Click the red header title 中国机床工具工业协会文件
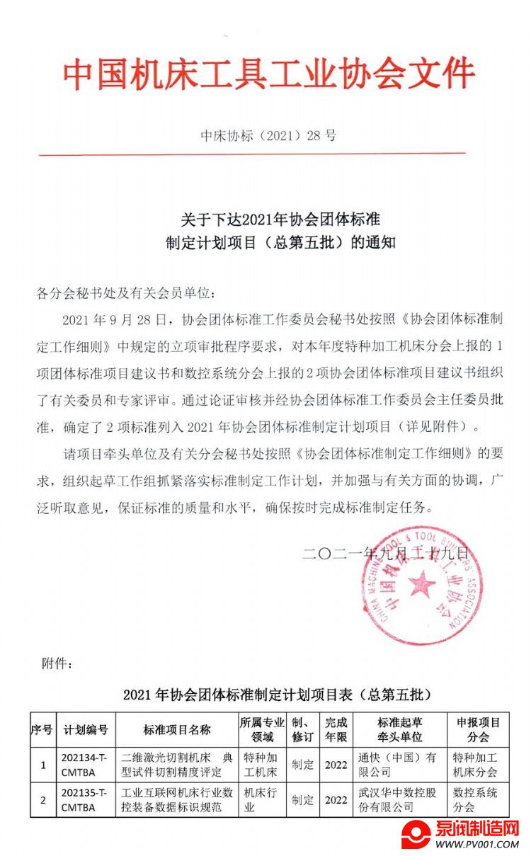(x=269, y=74)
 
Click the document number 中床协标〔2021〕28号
(x=268, y=135)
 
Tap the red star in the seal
(x=422, y=585)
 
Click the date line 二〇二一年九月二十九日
(x=386, y=554)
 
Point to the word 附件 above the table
(x=57, y=663)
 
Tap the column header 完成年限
(x=336, y=729)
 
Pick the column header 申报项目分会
(x=478, y=729)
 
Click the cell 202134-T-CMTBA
(x=86, y=764)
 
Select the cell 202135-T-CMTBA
(x=86, y=799)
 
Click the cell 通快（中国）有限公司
(x=399, y=764)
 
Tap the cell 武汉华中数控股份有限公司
(x=399, y=799)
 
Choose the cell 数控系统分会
(x=478, y=799)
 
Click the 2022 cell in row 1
(x=336, y=765)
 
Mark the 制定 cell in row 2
(x=303, y=800)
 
